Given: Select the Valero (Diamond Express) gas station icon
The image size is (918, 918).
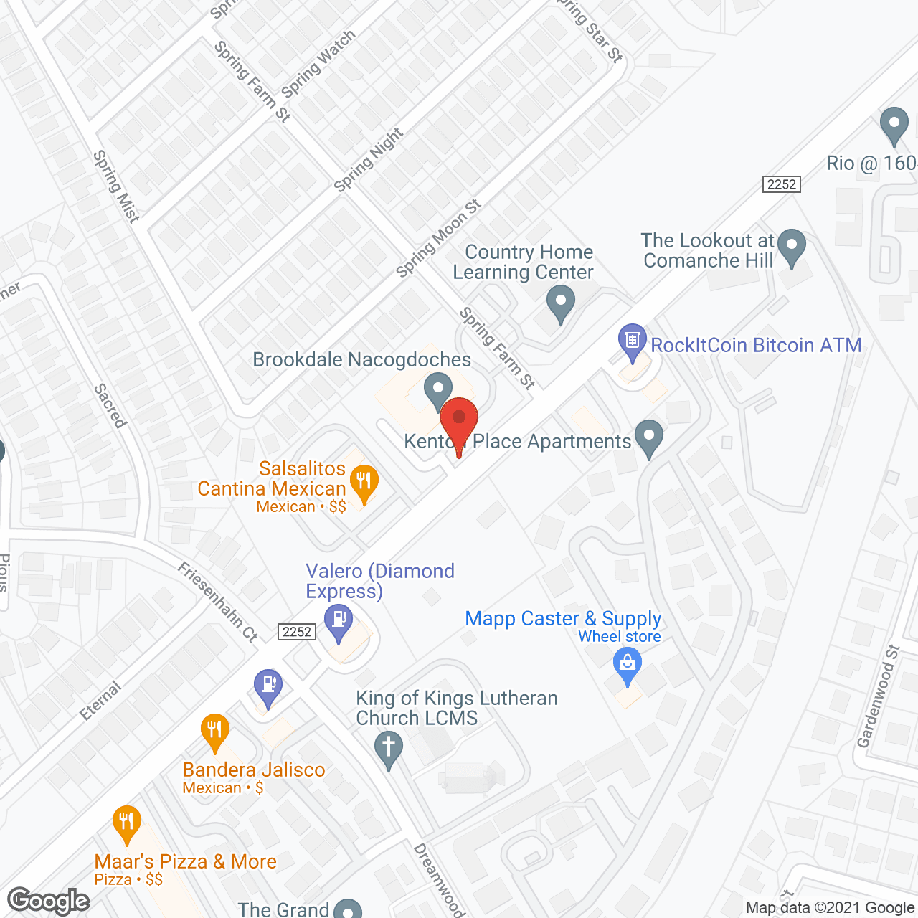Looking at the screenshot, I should [x=339, y=622].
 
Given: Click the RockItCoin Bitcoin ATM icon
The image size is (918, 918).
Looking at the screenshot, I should [x=632, y=341].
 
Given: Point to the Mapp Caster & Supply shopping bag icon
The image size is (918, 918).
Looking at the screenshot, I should [x=628, y=664].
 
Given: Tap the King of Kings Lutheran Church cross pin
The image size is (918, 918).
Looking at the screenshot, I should [x=389, y=749].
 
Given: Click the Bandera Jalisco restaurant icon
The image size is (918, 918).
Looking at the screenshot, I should [x=214, y=732].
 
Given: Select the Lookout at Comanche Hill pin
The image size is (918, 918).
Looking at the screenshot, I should [x=792, y=246].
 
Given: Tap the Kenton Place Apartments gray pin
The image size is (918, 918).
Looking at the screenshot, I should [x=649, y=437].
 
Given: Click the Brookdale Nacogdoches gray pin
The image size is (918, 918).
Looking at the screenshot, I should [x=437, y=390].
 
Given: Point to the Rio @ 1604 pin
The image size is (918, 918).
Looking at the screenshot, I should [x=894, y=125].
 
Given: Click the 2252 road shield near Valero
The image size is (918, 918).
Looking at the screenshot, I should [x=297, y=632].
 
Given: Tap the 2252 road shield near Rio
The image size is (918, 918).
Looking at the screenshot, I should [x=781, y=184].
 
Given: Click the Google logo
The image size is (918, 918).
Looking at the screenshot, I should [x=49, y=901].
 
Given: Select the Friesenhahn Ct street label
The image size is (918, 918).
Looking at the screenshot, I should [x=217, y=602].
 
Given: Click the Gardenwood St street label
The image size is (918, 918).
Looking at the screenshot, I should [x=879, y=696].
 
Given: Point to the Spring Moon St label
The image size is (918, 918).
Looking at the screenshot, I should [x=439, y=239].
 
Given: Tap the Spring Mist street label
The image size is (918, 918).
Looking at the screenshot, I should [x=115, y=186].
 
